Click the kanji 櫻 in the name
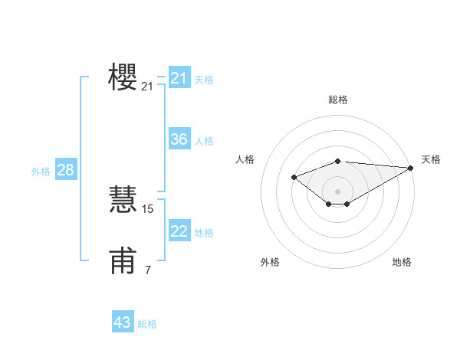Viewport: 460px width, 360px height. pos(123,77)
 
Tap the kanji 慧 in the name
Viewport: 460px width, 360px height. pos(123,198)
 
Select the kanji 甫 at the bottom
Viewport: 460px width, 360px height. pos(123,261)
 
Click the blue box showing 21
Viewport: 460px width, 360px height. pos(179,78)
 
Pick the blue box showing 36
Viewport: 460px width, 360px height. pos(179,139)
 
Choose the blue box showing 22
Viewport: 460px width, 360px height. pos(179,231)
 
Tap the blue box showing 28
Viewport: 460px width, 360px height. pos(65,170)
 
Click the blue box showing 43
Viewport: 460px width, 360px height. pos(123,322)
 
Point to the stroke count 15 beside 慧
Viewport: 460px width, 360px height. pos(148,208)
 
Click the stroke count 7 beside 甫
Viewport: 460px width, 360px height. pos(148,270)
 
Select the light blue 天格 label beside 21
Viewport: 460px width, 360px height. pos(204,80)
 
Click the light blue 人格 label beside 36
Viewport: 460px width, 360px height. pos(204,141)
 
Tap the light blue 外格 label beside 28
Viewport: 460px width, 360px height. pos(41,172)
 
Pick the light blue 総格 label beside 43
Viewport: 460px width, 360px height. pos(147,324)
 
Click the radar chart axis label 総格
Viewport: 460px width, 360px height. pos(338,100)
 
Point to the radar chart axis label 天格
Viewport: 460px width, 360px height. pos(431,159)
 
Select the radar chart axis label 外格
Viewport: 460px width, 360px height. pos(270,262)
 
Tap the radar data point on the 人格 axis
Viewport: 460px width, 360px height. pos(294,178)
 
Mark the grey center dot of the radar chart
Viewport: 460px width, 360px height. pos(337,191)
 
